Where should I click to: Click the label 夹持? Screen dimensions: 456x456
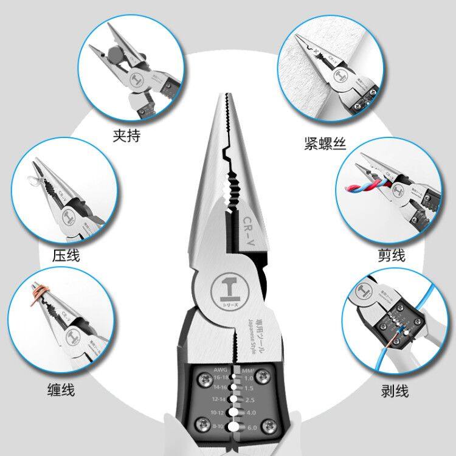coord(126,135)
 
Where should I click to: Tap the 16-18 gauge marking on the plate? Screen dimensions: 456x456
coord(204,378)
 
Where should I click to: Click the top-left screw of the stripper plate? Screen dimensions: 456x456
coord(199,375)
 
